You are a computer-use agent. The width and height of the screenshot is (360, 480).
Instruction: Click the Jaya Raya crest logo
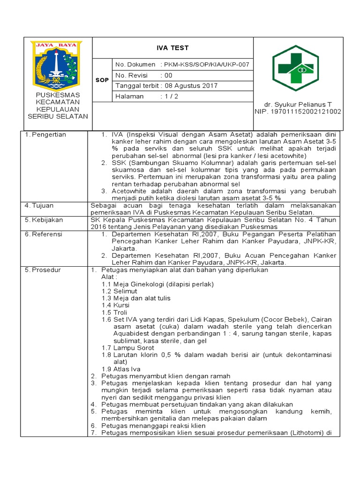click(x=56, y=66)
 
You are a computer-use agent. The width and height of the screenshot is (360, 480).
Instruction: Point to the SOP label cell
click(x=102, y=80)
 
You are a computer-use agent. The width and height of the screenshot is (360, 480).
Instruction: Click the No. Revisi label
click(x=131, y=75)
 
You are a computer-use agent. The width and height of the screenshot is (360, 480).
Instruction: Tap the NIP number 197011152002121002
click(x=298, y=112)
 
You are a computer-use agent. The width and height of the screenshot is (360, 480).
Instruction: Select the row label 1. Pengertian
click(x=45, y=135)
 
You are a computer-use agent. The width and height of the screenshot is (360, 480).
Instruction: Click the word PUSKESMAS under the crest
click(x=58, y=95)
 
